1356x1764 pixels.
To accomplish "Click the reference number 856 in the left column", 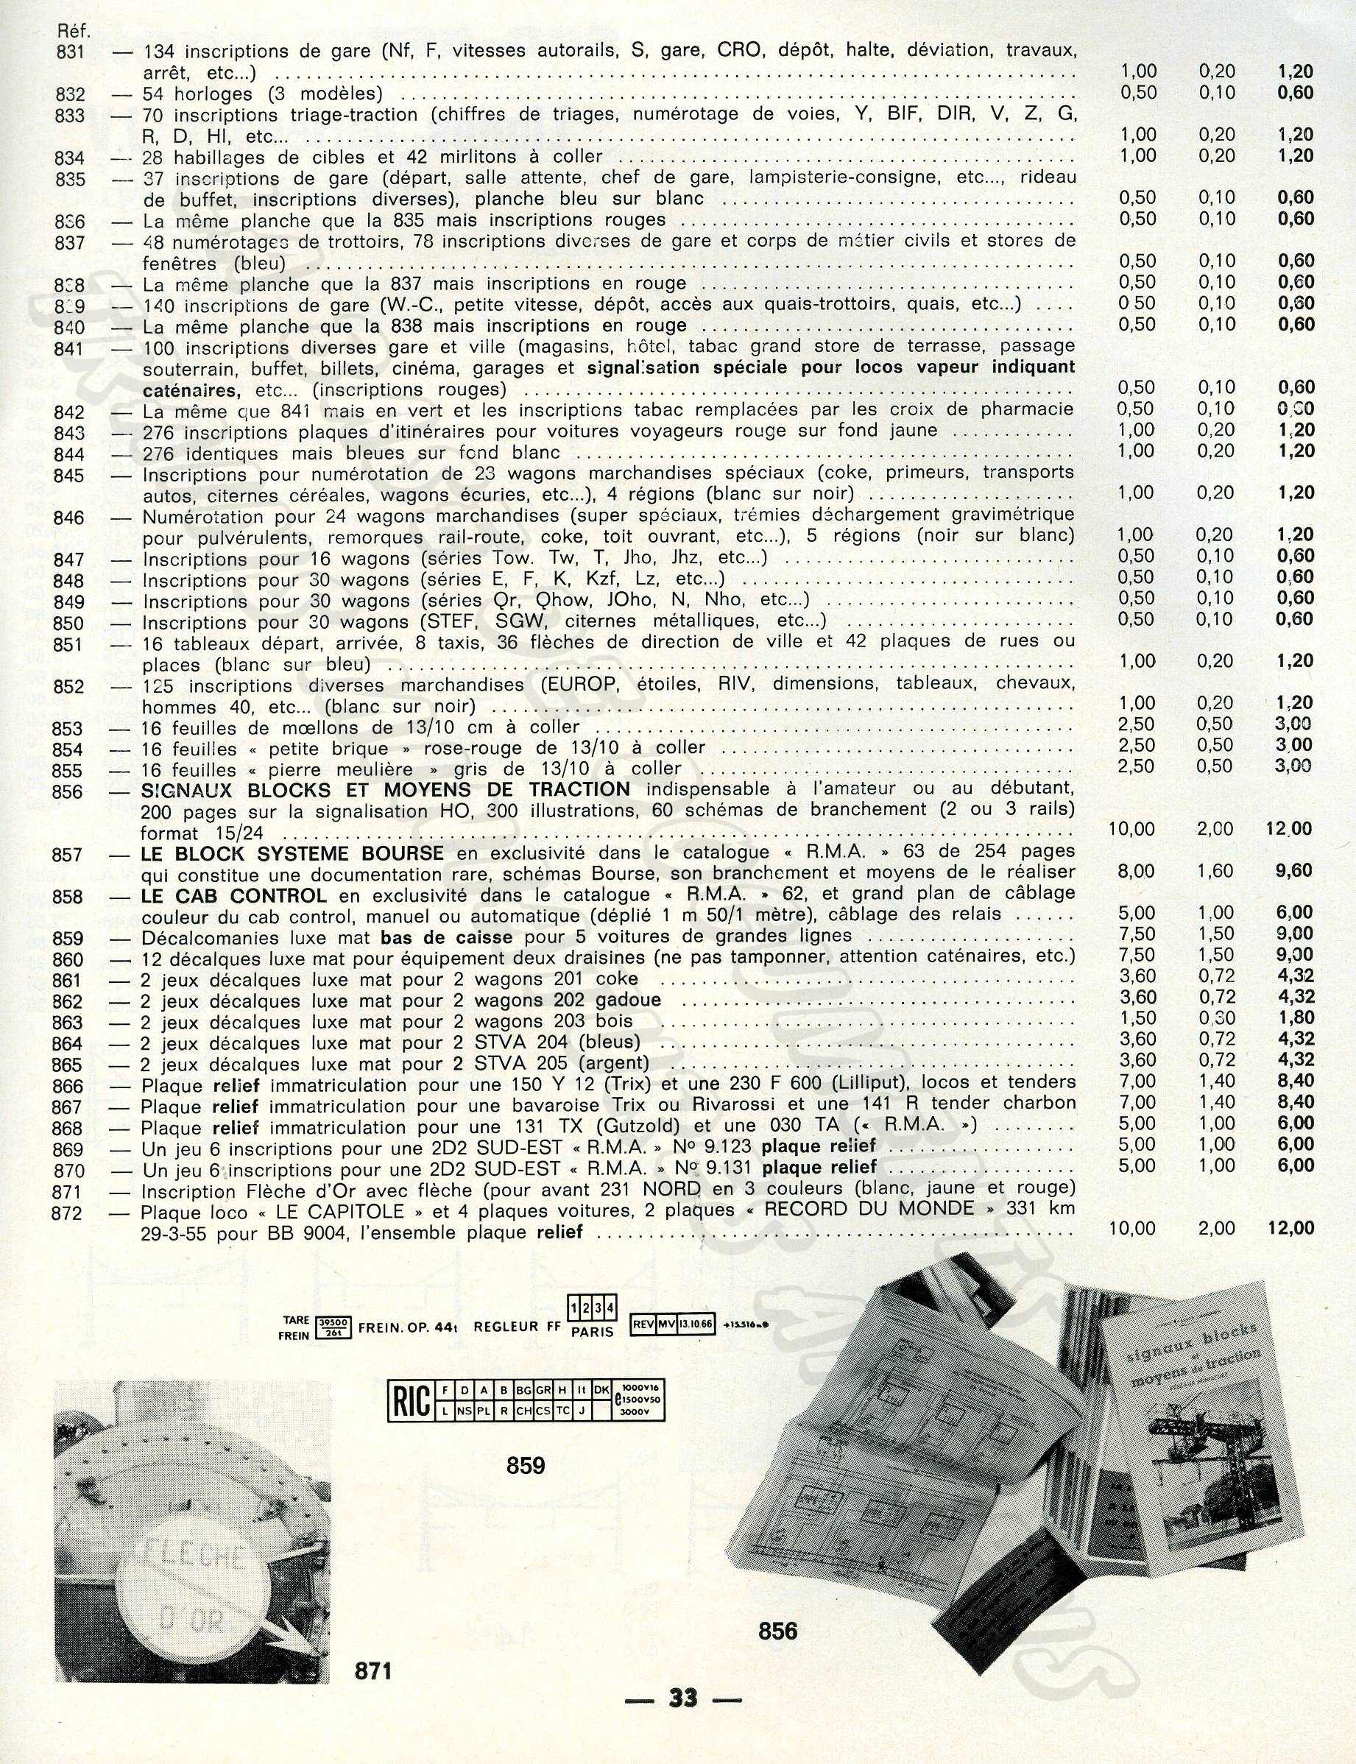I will point(68,792).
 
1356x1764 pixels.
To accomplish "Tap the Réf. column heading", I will point(75,32).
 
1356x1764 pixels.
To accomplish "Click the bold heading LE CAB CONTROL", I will point(233,895).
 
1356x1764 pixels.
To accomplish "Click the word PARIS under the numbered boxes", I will point(593,1331).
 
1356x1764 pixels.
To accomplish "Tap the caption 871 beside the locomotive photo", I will point(374,1670).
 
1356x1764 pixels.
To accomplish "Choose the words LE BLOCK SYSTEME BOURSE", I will point(292,853).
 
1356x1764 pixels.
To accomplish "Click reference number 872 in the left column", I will point(68,1213).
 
